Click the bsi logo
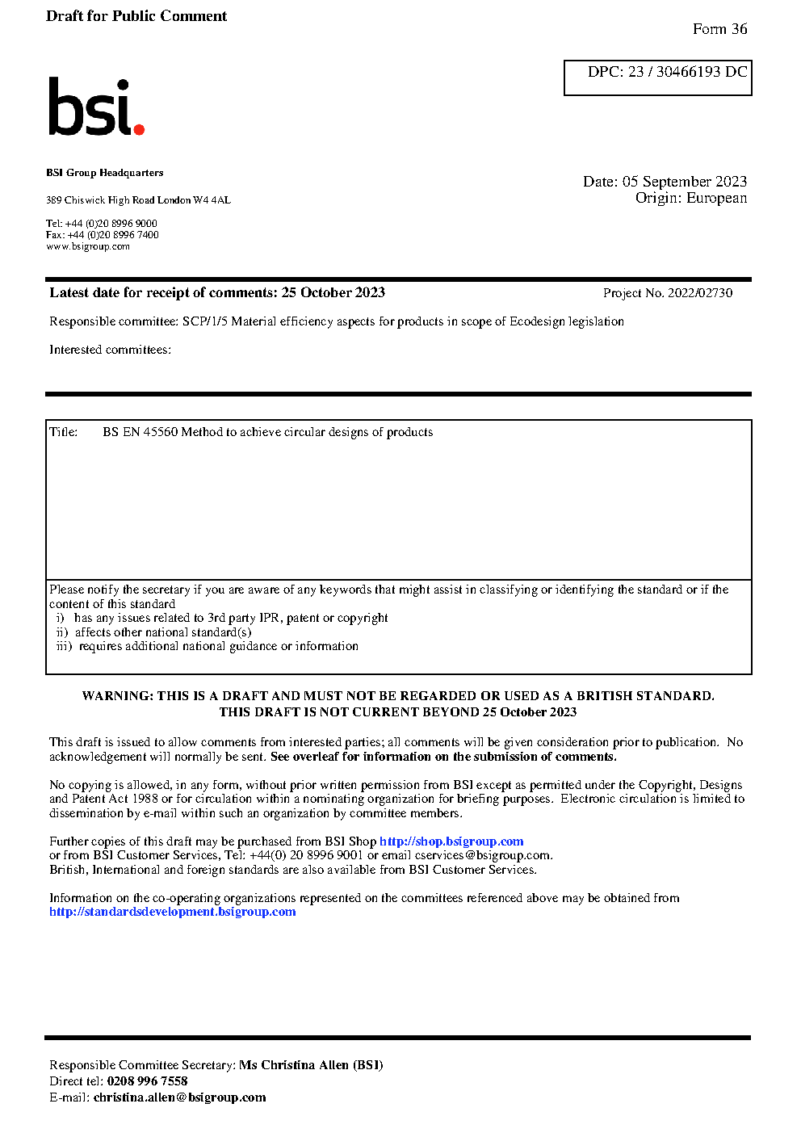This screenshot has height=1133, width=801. coord(95,107)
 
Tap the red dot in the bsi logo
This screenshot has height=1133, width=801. coord(139,128)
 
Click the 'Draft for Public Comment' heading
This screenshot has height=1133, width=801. coord(136,16)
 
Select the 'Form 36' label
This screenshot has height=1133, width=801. coord(719,29)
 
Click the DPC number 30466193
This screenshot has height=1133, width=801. coord(688,72)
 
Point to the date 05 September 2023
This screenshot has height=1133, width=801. coord(684,182)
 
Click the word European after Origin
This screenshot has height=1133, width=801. coord(716,199)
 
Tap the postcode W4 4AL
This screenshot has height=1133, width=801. coord(212,200)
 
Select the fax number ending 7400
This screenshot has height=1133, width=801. coord(113,235)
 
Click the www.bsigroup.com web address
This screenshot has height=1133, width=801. coord(88,246)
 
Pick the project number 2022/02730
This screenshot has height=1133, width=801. coord(700,293)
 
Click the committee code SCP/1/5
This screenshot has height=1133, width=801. coord(205,321)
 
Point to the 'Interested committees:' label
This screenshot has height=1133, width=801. coord(110,350)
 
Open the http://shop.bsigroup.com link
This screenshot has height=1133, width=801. coord(451,841)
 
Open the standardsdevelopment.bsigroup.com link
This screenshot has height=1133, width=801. coord(173,912)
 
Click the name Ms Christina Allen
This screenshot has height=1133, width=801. coord(294,1065)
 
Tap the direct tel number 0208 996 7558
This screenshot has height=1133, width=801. coord(147,1081)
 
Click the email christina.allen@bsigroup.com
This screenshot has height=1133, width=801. coord(179,1097)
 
